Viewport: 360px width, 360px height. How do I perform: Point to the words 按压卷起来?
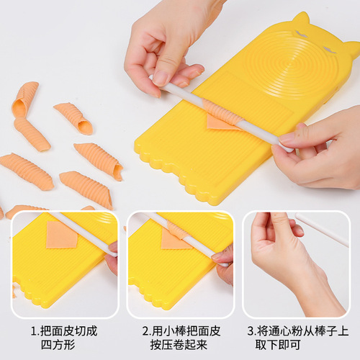(180, 346)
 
